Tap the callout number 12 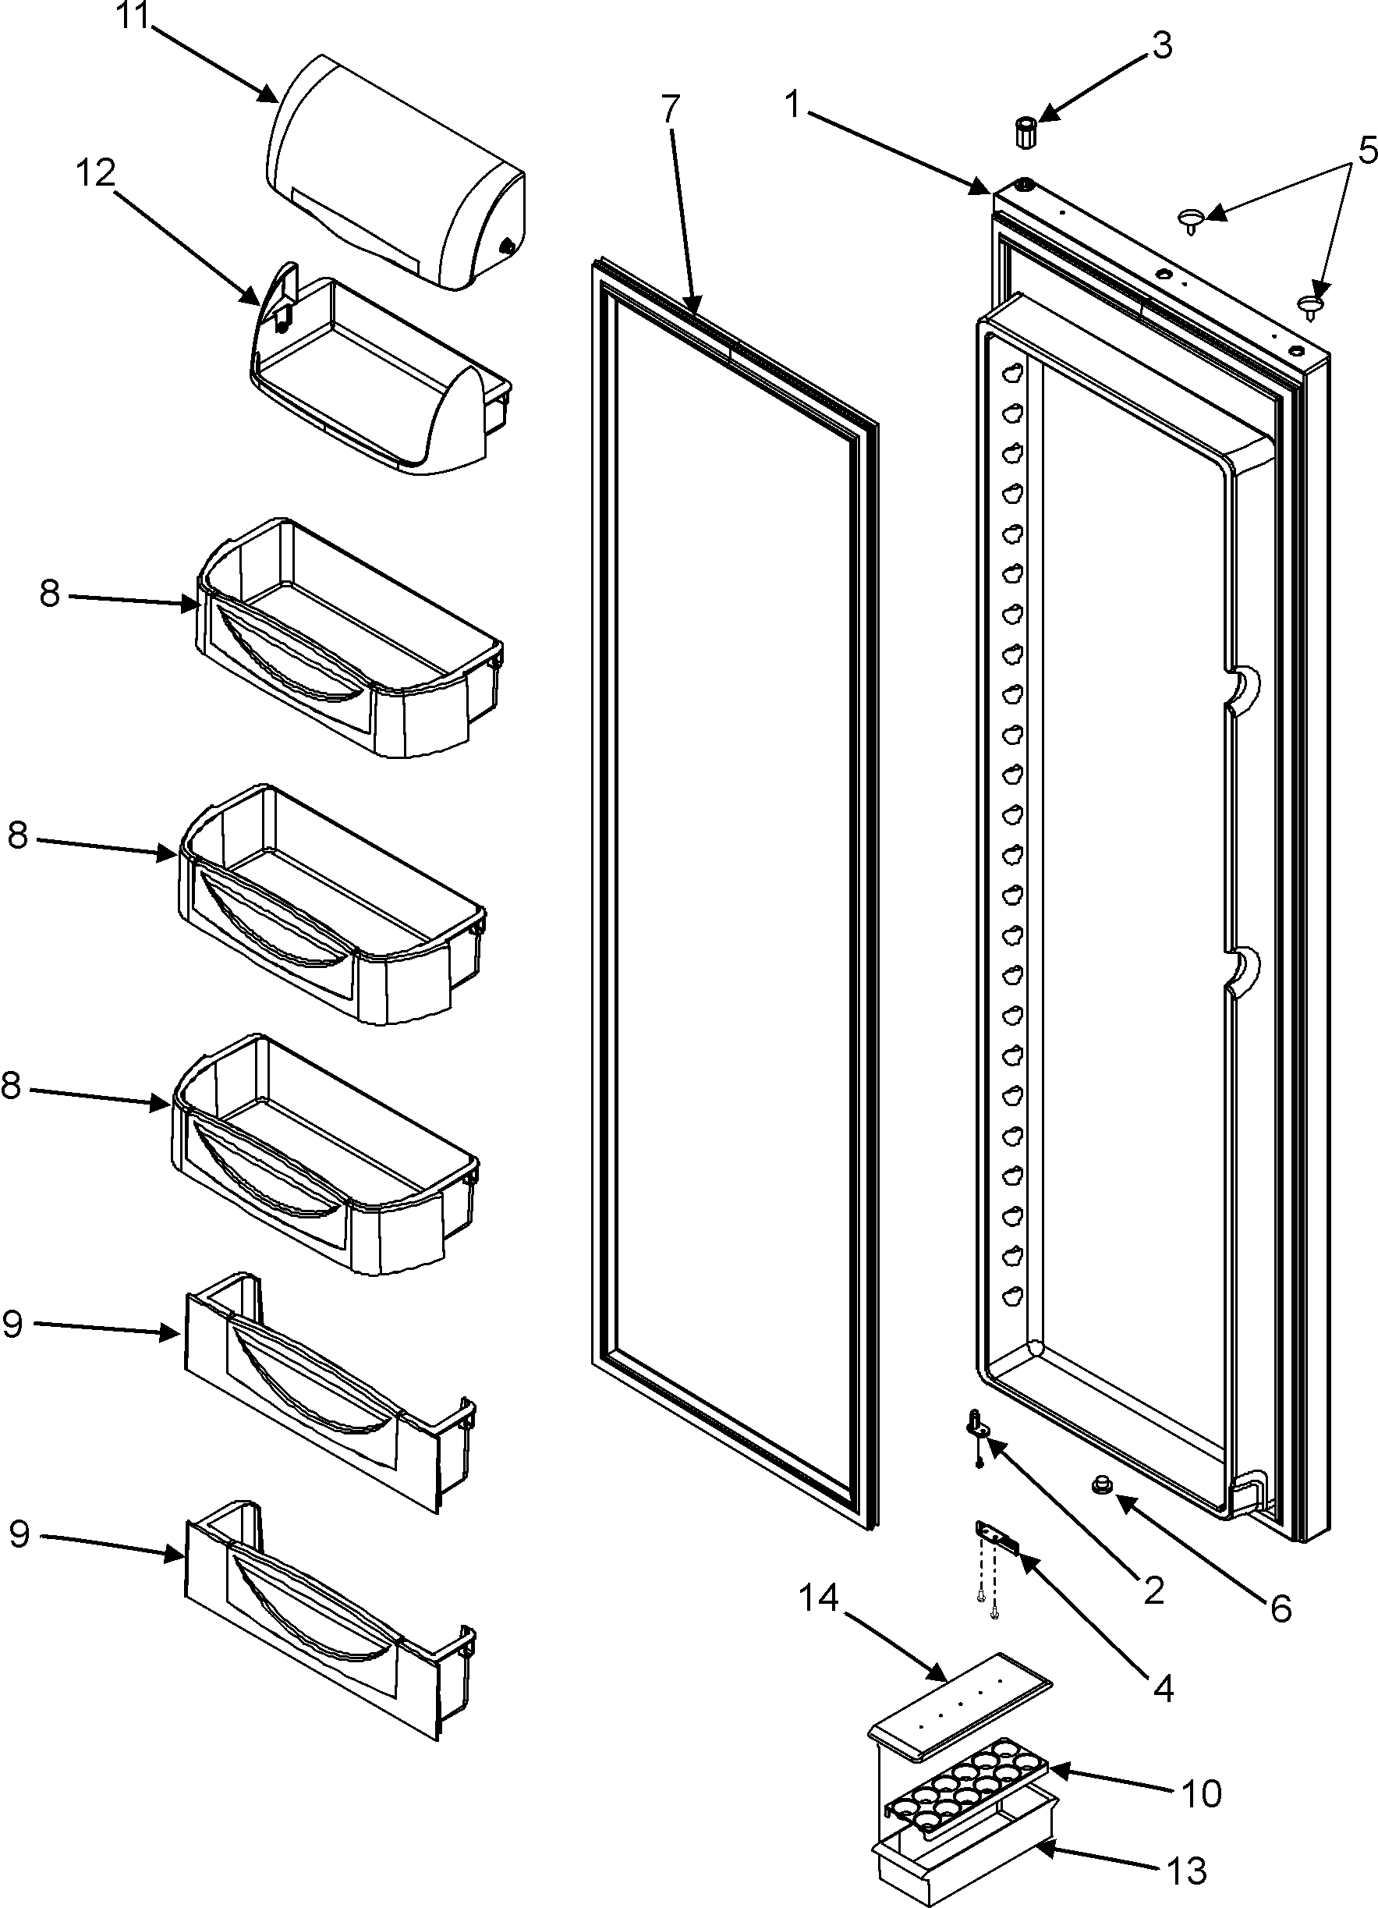pos(95,174)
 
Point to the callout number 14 pos(819,1598)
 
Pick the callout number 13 pos(1187,1872)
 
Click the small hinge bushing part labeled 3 pos(1025,132)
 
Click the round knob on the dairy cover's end pos(506,246)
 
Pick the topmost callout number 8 pos(50,594)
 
